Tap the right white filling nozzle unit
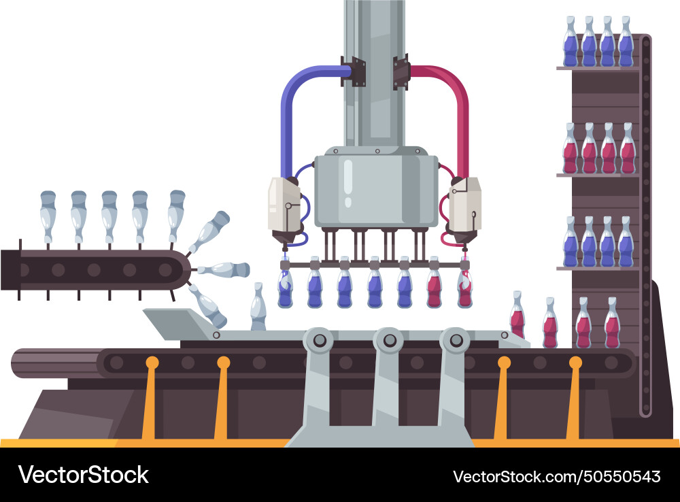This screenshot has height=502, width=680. pyautogui.click(x=465, y=204)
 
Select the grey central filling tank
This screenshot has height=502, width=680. pyautogui.click(x=375, y=187)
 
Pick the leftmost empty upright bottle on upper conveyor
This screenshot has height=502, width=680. pyautogui.click(x=48, y=216)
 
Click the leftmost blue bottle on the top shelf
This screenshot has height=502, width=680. pyautogui.click(x=571, y=44)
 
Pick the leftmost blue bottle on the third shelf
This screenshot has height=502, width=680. pyautogui.click(x=571, y=244)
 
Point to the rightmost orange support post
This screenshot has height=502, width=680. pyautogui.click(x=574, y=401)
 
